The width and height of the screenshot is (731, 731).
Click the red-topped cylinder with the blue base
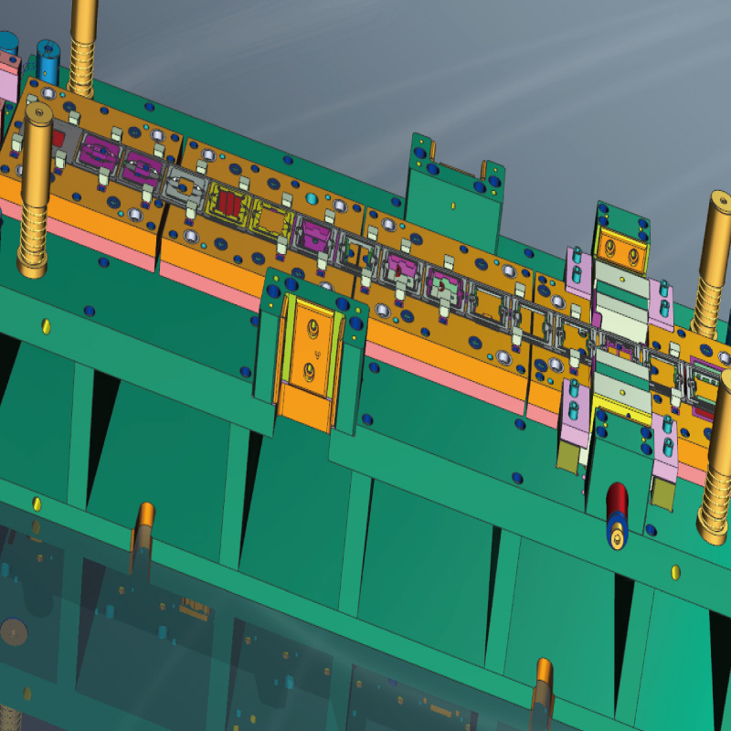(x=617, y=512)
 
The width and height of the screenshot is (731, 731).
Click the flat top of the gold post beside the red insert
(x=37, y=112)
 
